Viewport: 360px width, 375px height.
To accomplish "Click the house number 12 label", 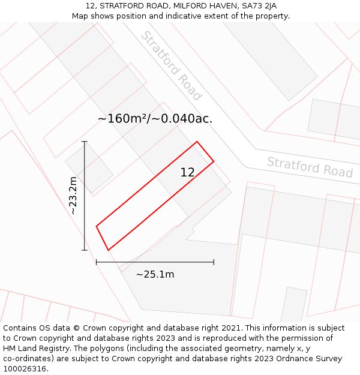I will [187, 173].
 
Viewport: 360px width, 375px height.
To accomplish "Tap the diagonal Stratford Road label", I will [171, 66].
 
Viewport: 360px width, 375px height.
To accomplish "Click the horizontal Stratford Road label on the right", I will [310, 167].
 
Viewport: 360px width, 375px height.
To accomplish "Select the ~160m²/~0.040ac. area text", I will [155, 119].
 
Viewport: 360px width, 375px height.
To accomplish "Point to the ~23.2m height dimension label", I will [73, 196].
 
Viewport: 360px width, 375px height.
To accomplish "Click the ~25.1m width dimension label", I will [155, 275].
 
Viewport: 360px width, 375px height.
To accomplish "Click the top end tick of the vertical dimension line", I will [85, 142].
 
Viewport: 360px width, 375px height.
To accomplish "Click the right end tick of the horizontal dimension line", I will [214, 262].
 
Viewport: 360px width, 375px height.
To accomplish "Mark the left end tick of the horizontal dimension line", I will [96, 262].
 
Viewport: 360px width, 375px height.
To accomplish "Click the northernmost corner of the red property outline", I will [197, 142].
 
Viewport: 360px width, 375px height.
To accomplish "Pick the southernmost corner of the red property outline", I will [108, 250].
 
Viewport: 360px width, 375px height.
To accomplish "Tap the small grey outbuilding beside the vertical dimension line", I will [89, 167].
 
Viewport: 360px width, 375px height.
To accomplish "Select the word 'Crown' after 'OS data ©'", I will [86, 328].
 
